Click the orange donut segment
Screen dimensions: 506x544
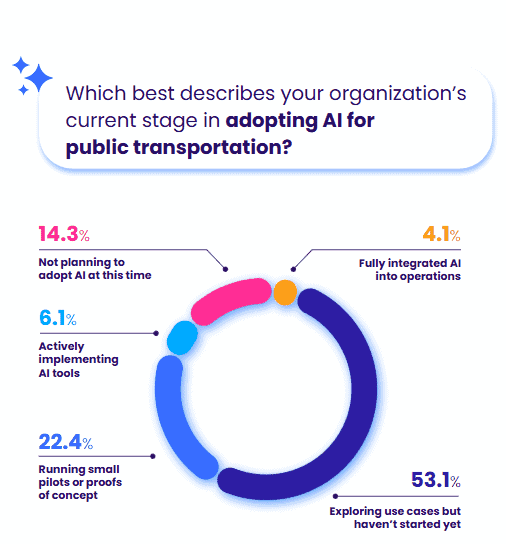pyautogui.click(x=285, y=292)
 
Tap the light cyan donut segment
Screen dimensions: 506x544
pyautogui.click(x=183, y=338)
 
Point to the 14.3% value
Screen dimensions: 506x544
pyautogui.click(x=64, y=233)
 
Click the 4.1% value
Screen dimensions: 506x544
pyautogui.click(x=441, y=234)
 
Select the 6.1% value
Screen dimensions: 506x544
pyautogui.click(x=58, y=318)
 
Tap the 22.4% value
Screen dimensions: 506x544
pyautogui.click(x=66, y=442)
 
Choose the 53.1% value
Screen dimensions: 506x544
pyautogui.click(x=436, y=480)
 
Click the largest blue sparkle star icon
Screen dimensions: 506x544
pyautogui.click(x=39, y=78)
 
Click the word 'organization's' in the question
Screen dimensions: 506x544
pyautogui.click(x=398, y=94)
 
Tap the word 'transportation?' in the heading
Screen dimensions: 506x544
pyautogui.click(x=213, y=147)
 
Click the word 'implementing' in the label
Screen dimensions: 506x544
pyautogui.click(x=78, y=360)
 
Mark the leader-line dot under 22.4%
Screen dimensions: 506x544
pyautogui.click(x=153, y=456)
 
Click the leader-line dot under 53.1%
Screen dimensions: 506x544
pyautogui.click(x=335, y=496)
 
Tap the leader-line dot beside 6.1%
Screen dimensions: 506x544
pyautogui.click(x=156, y=333)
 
